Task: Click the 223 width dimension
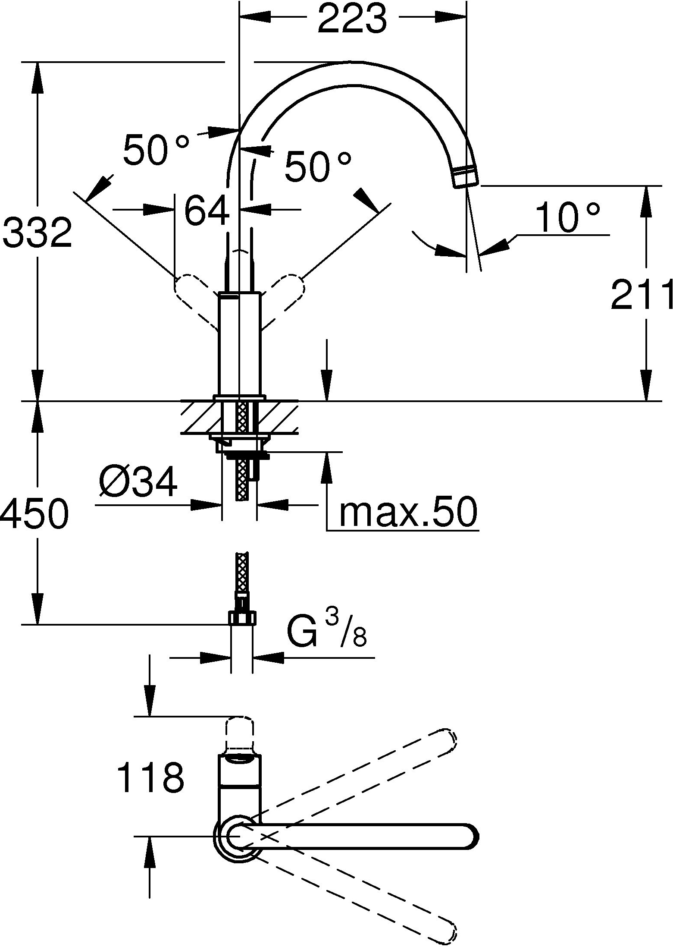pyautogui.click(x=352, y=19)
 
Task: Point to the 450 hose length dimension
pyautogui.click(x=34, y=513)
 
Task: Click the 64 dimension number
pyautogui.click(x=207, y=211)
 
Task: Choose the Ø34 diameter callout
pyautogui.click(x=138, y=482)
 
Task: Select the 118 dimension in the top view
pyautogui.click(x=151, y=778)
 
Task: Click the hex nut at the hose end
pyautogui.click(x=242, y=617)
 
